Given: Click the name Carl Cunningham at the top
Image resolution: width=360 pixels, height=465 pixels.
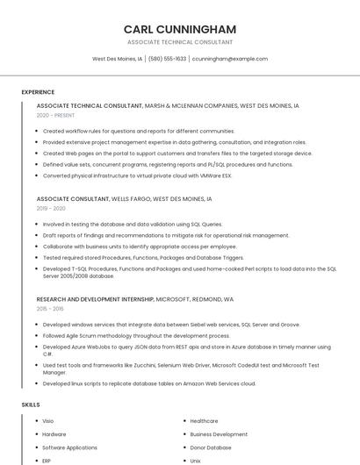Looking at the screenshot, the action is (180, 29).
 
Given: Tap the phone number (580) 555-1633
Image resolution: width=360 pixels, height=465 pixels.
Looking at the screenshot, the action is (167, 59).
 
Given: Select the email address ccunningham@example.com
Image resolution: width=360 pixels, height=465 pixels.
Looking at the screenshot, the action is (229, 59).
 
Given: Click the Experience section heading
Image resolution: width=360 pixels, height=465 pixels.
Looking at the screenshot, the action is (38, 91).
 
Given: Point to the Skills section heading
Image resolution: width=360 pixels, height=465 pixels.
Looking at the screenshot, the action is (31, 404).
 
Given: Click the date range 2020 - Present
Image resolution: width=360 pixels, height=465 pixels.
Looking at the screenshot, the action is (56, 115).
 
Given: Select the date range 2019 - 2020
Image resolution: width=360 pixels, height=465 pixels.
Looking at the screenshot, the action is (51, 209).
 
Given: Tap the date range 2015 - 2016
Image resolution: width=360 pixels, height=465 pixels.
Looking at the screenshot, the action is (50, 309).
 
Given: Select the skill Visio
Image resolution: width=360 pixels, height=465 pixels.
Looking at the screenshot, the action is (48, 421).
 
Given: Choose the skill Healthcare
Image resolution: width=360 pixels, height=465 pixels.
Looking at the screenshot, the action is (204, 421).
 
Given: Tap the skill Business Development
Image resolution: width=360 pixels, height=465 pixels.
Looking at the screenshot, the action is (219, 434).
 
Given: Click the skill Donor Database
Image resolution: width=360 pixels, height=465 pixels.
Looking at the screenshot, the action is (211, 447).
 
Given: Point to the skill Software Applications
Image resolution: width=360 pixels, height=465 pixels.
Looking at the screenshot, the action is (69, 447).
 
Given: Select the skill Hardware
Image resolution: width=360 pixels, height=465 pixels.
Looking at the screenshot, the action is (54, 434).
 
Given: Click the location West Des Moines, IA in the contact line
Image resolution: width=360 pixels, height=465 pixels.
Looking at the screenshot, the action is (117, 59).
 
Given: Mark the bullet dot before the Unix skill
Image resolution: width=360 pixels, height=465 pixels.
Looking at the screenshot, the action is (183, 461).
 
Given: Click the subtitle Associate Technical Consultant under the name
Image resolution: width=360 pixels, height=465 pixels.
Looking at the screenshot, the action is (180, 42).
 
